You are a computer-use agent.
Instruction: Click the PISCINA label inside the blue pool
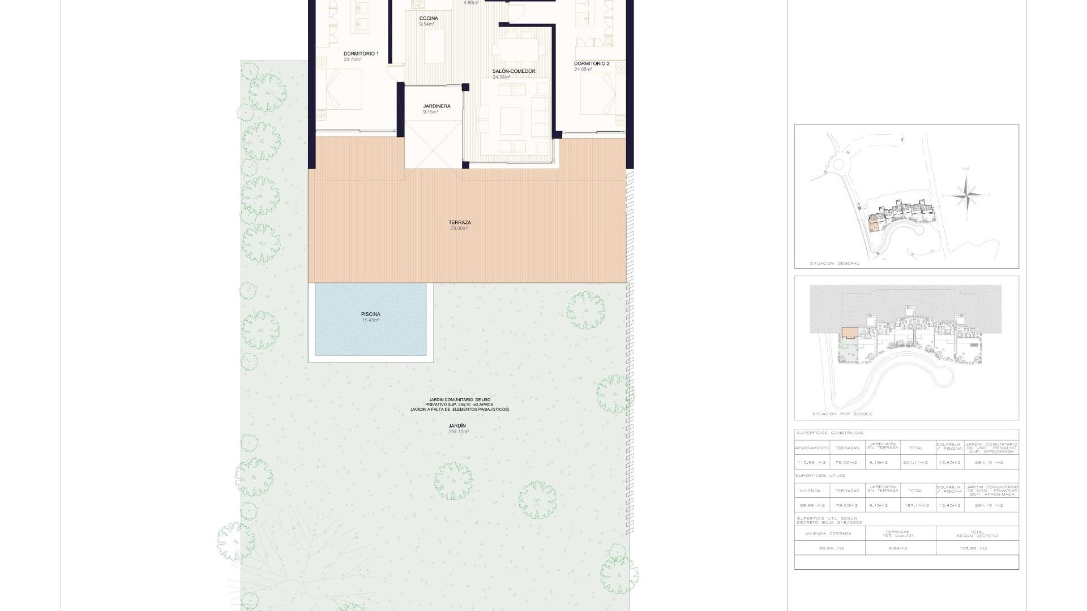[371, 314]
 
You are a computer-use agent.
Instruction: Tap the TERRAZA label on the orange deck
[459, 222]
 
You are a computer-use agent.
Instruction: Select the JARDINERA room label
[436, 106]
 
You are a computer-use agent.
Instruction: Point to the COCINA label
[429, 19]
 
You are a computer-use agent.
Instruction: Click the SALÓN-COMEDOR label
[513, 71]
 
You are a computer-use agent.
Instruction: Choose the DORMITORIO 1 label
[361, 54]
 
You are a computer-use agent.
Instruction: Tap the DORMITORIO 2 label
[592, 64]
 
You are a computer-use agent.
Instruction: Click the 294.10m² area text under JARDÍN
[459, 432]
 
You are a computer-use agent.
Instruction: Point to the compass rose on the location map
[966, 196]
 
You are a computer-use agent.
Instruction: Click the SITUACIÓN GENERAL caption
[834, 264]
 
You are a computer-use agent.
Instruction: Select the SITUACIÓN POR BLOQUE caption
[842, 414]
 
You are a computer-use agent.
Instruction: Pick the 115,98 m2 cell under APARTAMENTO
[811, 463]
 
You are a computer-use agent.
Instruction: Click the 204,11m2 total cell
[915, 463]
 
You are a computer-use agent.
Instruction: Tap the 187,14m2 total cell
[915, 505]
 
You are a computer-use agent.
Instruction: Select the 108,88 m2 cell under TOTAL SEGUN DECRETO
[972, 548]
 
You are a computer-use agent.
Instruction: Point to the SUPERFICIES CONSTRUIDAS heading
[830, 433]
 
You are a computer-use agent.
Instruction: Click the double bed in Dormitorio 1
[340, 89]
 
